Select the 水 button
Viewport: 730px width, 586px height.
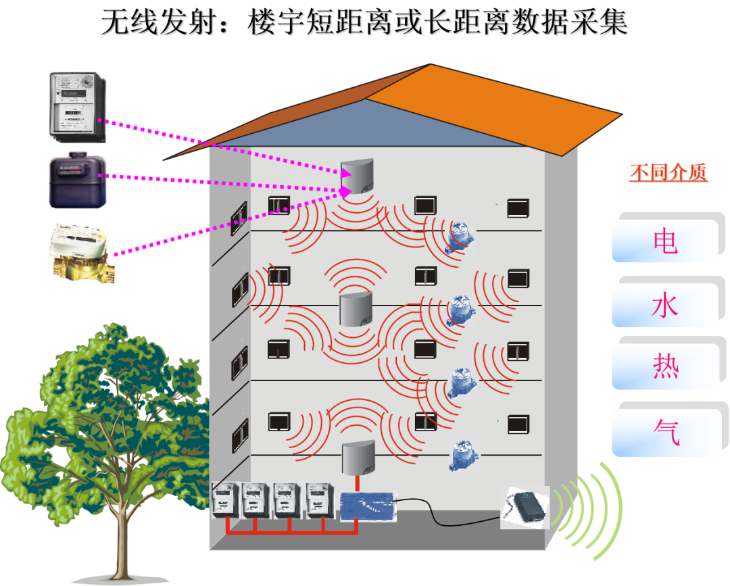665,306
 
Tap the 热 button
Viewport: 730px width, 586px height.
665,366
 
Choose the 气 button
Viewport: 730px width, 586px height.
666,432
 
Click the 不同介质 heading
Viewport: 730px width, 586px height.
668,173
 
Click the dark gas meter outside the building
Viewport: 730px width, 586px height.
77,179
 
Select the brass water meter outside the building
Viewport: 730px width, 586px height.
82,253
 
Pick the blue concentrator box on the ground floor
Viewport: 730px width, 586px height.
367,506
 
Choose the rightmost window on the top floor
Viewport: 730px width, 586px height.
518,208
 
